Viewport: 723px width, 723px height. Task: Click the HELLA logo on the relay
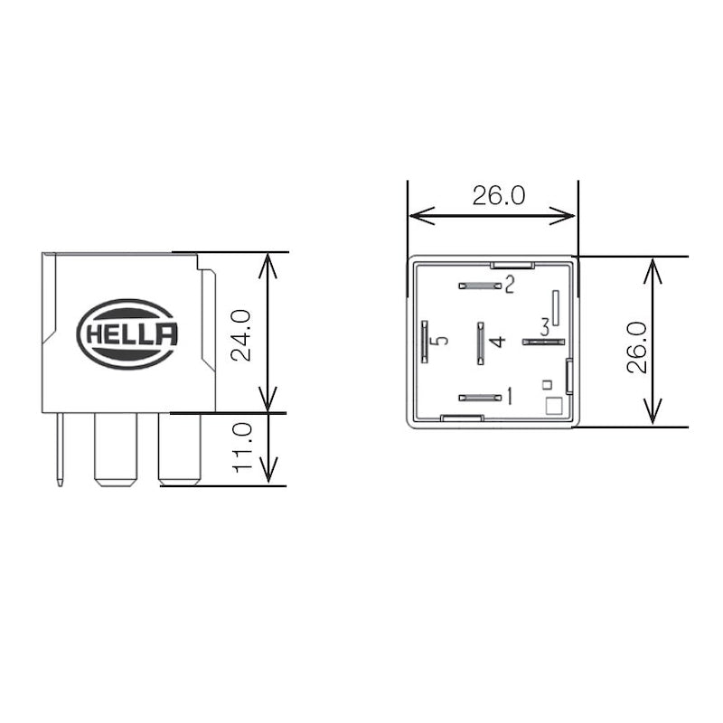(x=127, y=333)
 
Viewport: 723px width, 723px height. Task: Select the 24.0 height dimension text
(x=241, y=335)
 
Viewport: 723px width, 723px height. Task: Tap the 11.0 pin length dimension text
(x=242, y=447)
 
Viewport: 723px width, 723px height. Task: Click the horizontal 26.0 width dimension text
(x=499, y=195)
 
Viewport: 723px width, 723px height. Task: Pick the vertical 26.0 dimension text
(x=637, y=347)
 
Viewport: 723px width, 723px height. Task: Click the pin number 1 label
(x=510, y=396)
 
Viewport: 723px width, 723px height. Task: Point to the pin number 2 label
(x=510, y=285)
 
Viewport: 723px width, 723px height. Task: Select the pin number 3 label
(x=545, y=327)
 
